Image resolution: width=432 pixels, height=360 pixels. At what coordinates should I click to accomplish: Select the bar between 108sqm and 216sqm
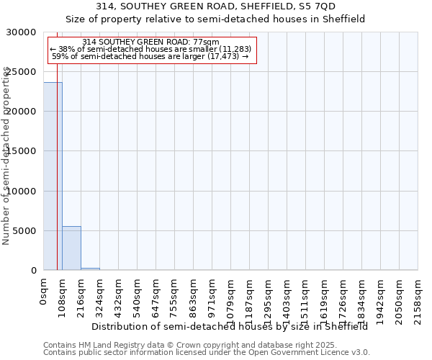click(71, 248)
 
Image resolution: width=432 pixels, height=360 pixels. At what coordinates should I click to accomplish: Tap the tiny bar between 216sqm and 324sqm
click(90, 269)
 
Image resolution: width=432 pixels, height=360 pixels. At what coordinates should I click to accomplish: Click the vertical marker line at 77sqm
click(57, 144)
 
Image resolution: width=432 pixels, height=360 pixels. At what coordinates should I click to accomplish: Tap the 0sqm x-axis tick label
click(44, 292)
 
